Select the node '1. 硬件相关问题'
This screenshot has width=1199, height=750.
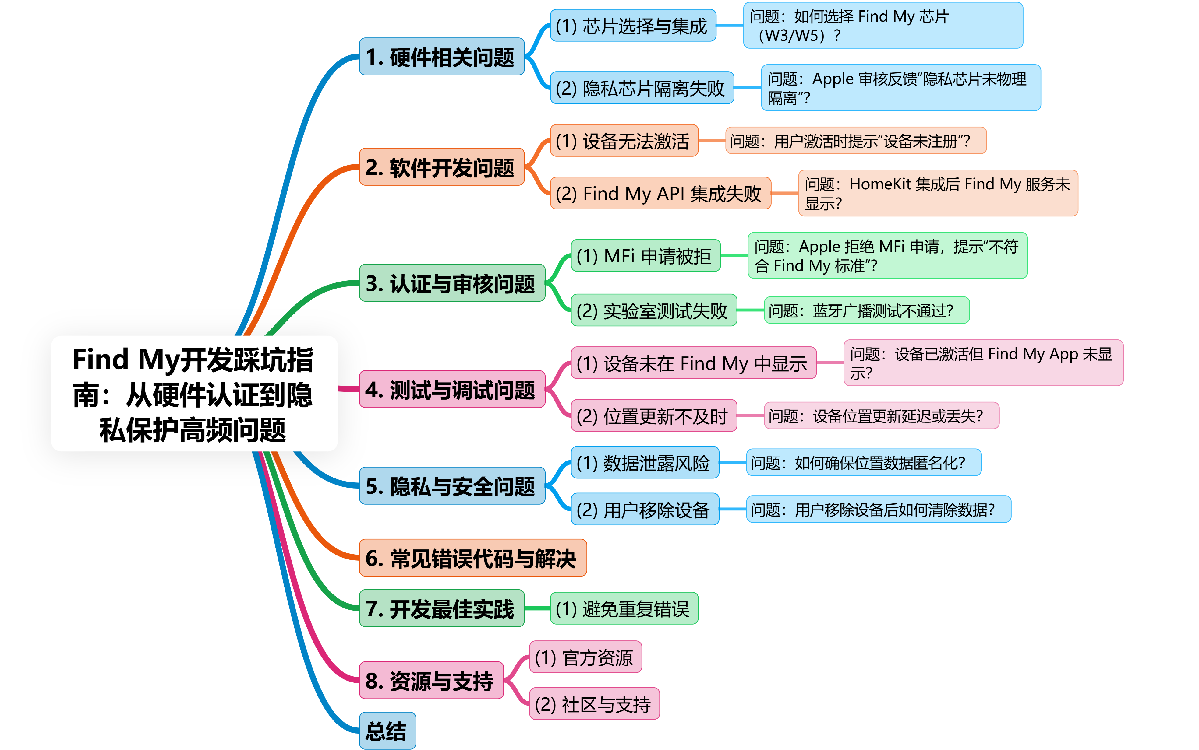click(x=441, y=57)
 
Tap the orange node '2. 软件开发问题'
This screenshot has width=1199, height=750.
click(x=441, y=167)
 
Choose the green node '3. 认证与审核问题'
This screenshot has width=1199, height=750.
click(x=452, y=283)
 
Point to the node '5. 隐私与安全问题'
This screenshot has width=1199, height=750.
click(x=452, y=486)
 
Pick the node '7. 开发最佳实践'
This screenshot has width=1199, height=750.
click(x=441, y=609)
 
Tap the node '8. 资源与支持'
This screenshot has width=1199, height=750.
click(x=431, y=681)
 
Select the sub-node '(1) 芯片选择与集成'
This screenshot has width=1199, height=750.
click(x=633, y=26)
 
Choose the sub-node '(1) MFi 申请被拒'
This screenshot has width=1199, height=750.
click(x=645, y=256)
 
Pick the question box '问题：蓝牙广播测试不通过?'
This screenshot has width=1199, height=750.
click(x=866, y=310)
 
